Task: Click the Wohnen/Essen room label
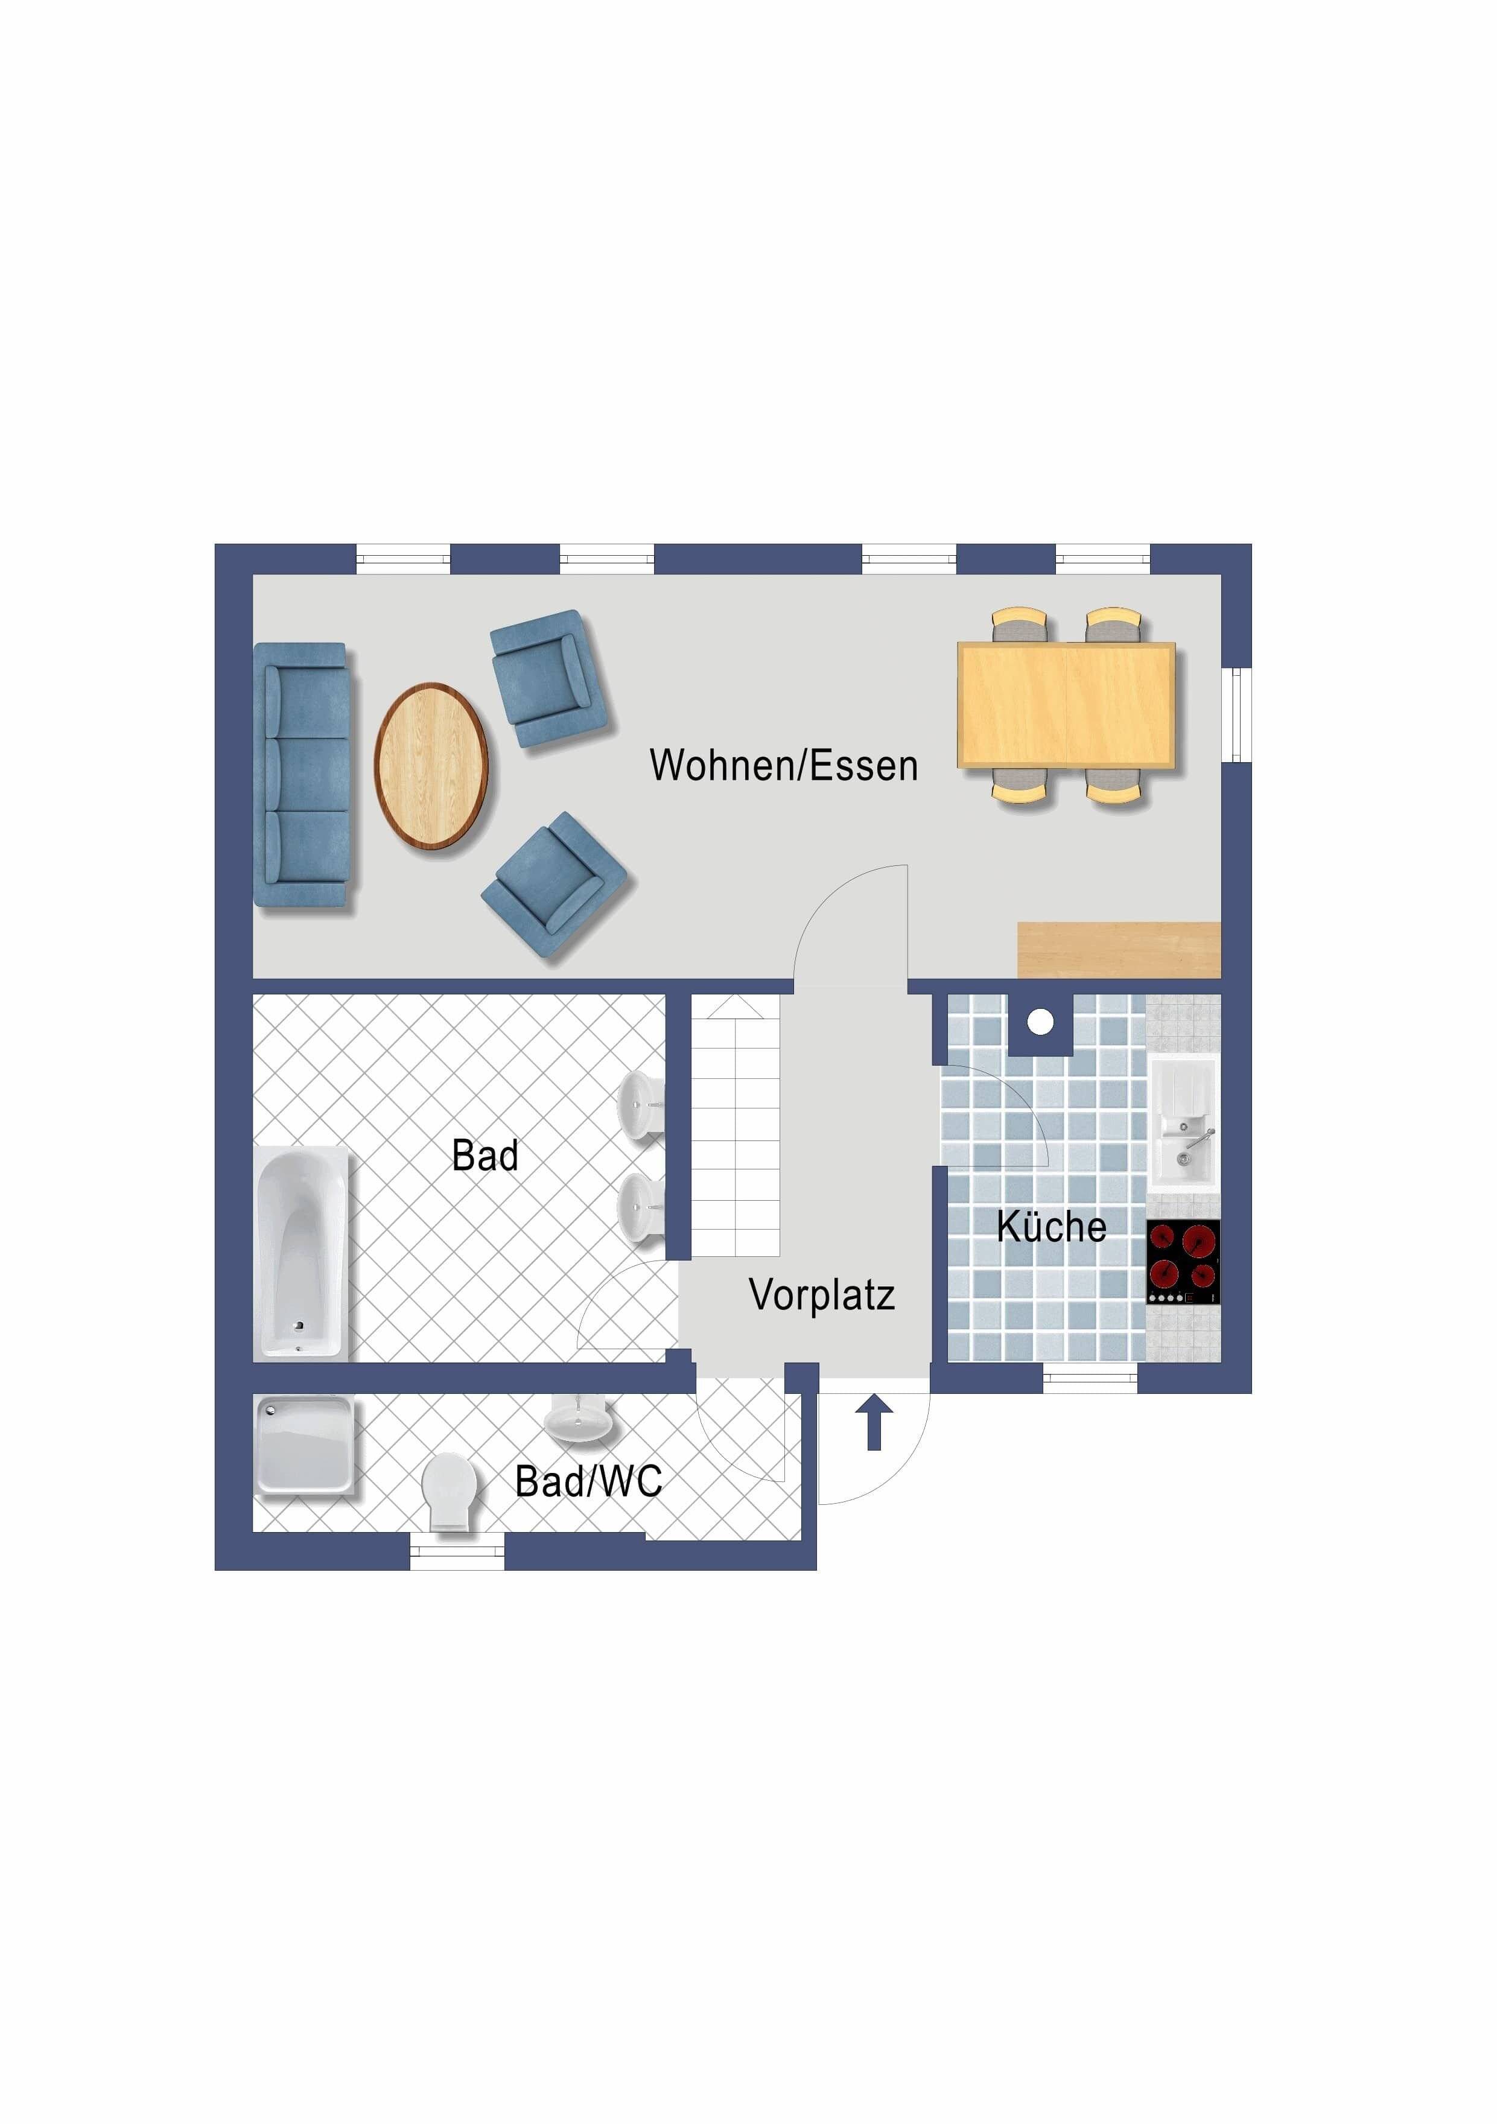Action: pyautogui.click(x=784, y=766)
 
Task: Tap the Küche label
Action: pyautogui.click(x=1051, y=1227)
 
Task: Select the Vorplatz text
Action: pyautogui.click(x=822, y=1295)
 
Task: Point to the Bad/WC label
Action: pyautogui.click(x=588, y=1481)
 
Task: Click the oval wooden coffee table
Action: pyautogui.click(x=431, y=766)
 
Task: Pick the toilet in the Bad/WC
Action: pyautogui.click(x=450, y=1490)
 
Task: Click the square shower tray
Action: pyautogui.click(x=304, y=1444)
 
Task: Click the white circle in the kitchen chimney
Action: pyautogui.click(x=1041, y=1022)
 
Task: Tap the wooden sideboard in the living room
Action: pyautogui.click(x=1119, y=950)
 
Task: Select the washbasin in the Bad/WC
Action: pyautogui.click(x=578, y=1420)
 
